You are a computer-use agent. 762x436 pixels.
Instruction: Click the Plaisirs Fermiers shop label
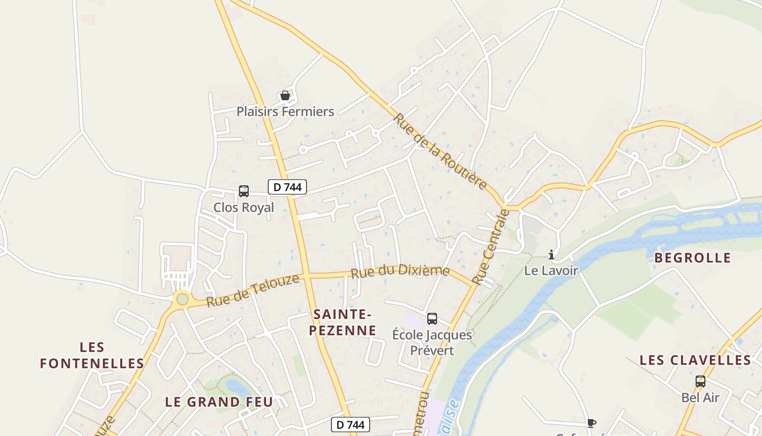click(x=285, y=112)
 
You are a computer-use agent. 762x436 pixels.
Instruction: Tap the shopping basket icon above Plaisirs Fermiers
click(x=285, y=96)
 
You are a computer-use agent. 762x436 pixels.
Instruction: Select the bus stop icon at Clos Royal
click(x=244, y=191)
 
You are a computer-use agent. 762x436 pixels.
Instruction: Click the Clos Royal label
click(x=243, y=208)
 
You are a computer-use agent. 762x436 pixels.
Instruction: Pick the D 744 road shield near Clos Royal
click(x=287, y=187)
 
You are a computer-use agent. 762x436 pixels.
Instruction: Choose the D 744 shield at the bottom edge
click(x=351, y=425)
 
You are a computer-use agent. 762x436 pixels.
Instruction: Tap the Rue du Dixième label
click(x=400, y=271)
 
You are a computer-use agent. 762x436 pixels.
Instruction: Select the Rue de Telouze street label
click(x=253, y=290)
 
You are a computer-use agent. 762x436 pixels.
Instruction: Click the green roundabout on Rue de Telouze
click(x=182, y=299)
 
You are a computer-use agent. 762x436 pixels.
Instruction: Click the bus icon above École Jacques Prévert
click(x=432, y=319)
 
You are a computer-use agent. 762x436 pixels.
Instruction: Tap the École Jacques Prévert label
click(x=432, y=342)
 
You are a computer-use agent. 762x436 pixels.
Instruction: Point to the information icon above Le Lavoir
click(x=551, y=255)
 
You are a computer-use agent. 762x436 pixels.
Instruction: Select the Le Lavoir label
click(x=551, y=270)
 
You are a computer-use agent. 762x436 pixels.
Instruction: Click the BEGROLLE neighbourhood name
click(x=692, y=258)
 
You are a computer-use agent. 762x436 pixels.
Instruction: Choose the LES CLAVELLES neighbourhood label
click(x=695, y=360)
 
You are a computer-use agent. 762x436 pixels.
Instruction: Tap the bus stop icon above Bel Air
click(x=700, y=381)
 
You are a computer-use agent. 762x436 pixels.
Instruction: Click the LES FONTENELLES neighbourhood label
click(x=92, y=355)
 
